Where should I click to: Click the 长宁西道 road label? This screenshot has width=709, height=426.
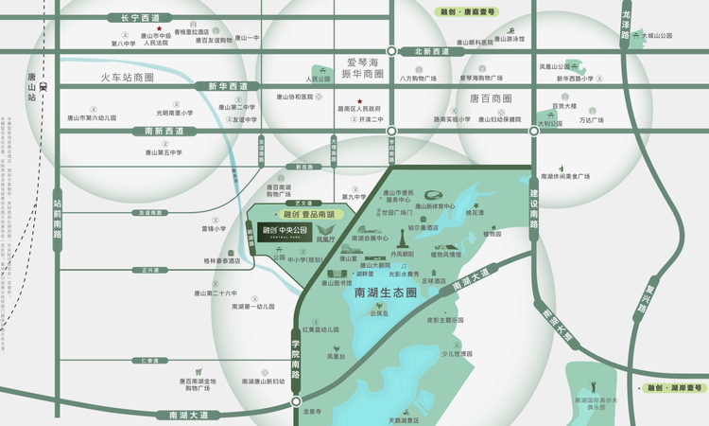coord(135,17)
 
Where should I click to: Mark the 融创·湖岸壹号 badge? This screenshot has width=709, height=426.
coord(676,388)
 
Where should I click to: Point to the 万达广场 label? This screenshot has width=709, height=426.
coord(591,120)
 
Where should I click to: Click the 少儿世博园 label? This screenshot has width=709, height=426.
coord(456,353)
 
